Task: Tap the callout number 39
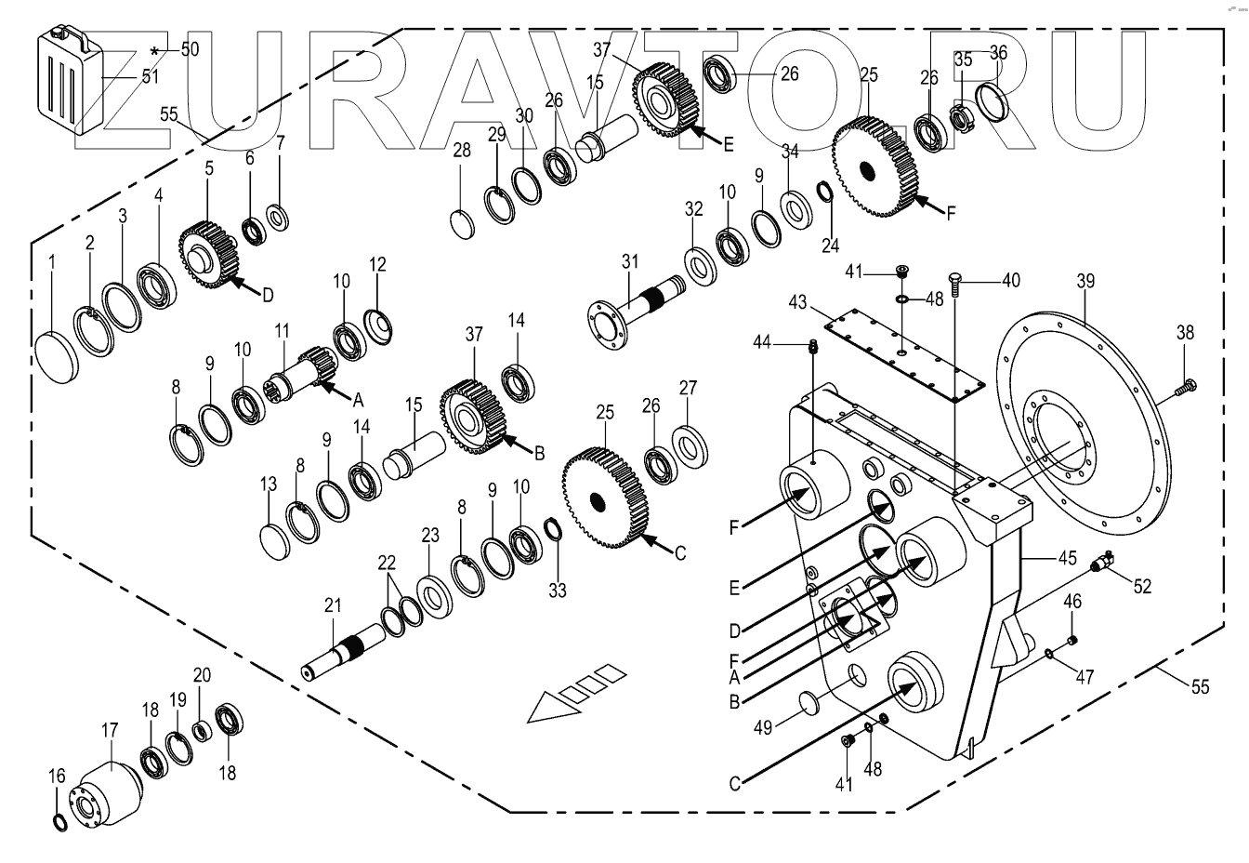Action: [x=1085, y=280]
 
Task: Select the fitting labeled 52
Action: [x=1106, y=562]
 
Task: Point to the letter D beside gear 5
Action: [x=267, y=295]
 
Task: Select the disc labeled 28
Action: [x=463, y=225]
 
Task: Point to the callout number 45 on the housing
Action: [x=1067, y=560]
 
